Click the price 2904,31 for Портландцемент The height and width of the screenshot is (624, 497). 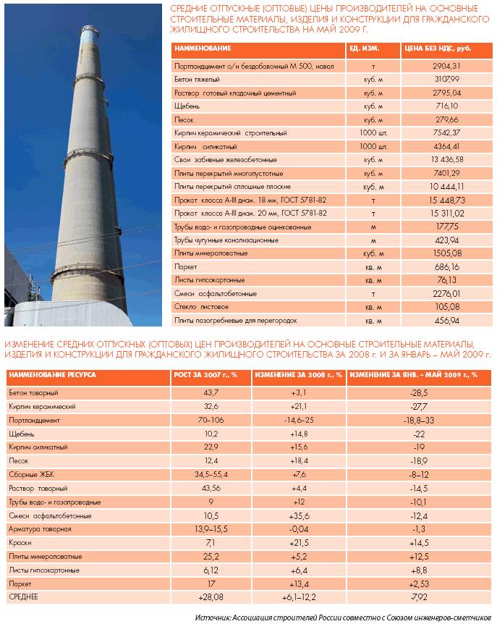pyautogui.click(x=445, y=66)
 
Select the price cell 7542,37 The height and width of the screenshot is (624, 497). pyautogui.click(x=446, y=132)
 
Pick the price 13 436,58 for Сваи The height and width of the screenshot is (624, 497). pyautogui.click(x=446, y=159)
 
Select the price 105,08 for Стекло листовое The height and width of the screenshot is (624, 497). pyautogui.click(x=446, y=307)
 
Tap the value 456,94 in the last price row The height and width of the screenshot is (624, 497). pyautogui.click(x=446, y=320)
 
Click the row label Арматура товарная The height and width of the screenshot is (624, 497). pyautogui.click(x=39, y=529)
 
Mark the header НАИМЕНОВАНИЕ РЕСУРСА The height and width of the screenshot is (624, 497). pyautogui.click(x=52, y=374)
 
